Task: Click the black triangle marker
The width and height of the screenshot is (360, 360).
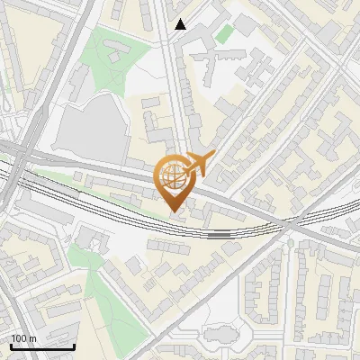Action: pos(181,24)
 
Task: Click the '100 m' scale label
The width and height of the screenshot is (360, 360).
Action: pos(23,338)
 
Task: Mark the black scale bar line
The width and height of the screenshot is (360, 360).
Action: pos(42,346)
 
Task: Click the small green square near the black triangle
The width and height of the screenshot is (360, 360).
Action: pos(223,33)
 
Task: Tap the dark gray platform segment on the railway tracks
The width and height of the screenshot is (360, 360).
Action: pos(219,233)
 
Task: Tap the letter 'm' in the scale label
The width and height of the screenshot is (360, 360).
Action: pos(32,338)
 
